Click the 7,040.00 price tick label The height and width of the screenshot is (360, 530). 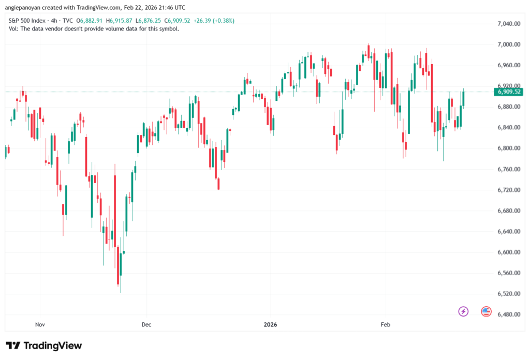tap(508, 24)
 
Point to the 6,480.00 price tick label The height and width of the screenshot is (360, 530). tap(508, 314)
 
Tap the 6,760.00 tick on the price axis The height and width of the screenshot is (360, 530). tap(508, 169)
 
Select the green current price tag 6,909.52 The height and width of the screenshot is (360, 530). tap(509, 92)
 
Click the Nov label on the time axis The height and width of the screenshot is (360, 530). tap(40, 325)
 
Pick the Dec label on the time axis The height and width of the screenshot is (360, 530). tap(146, 325)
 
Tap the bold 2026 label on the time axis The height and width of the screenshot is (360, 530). tap(270, 325)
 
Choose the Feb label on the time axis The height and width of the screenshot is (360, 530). tap(386, 325)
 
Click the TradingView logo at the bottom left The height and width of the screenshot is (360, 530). tap(43, 346)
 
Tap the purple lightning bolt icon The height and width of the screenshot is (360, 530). tap(463, 311)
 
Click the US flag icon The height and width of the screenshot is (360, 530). tap(486, 311)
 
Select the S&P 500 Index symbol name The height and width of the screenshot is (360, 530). tap(28, 21)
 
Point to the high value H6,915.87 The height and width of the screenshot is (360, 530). tap(120, 21)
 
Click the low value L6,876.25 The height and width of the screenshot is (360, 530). tap(149, 21)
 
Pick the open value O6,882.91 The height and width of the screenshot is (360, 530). tap(90, 21)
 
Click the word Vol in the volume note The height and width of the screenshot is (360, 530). tap(14, 29)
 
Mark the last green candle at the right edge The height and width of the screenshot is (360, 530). tap(463, 98)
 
